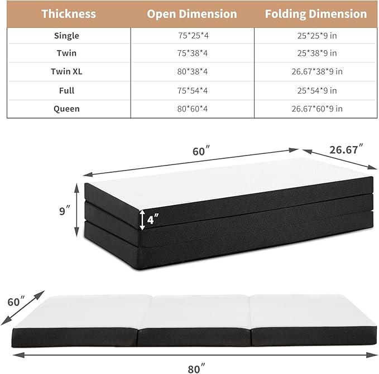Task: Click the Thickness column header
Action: [x=69, y=14]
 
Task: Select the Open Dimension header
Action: [x=192, y=14]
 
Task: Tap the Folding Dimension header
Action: [x=316, y=14]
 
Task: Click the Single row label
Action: [x=67, y=36]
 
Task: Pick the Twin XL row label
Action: [x=67, y=72]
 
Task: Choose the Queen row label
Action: [x=67, y=109]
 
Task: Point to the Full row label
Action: [x=67, y=90]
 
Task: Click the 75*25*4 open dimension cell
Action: [x=192, y=36]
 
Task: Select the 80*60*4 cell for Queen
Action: [x=192, y=109]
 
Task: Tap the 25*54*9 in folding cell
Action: [x=316, y=90]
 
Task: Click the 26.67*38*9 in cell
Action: [x=316, y=72]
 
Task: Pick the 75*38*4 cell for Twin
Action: [x=192, y=54]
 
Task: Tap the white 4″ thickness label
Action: [x=152, y=219]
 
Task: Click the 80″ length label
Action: [x=194, y=367]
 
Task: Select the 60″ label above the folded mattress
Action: [x=199, y=151]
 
